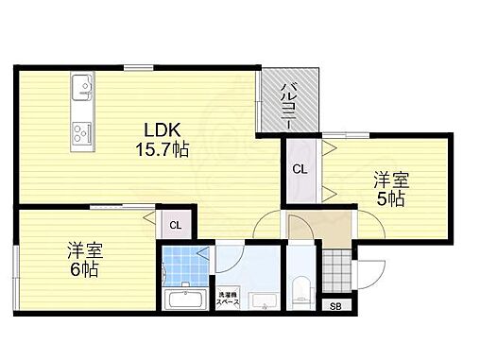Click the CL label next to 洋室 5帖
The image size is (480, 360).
[x=299, y=169]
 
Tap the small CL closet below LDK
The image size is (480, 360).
[x=175, y=225]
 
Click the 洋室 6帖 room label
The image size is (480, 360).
[x=85, y=260]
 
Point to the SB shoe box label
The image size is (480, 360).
[x=335, y=304]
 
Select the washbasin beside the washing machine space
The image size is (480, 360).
[x=264, y=301]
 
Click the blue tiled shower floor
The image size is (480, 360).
[x=184, y=265]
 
